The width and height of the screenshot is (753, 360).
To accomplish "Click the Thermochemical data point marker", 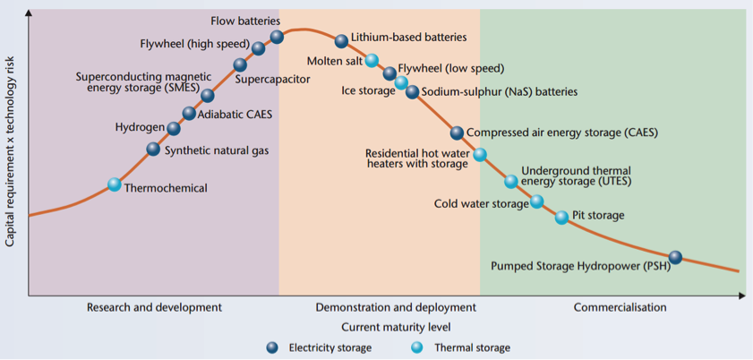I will click(x=115, y=184).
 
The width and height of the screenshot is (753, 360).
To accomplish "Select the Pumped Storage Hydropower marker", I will click(x=676, y=257).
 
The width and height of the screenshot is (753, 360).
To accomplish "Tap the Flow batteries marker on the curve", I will click(x=277, y=37).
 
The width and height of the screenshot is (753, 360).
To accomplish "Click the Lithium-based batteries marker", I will click(x=341, y=41).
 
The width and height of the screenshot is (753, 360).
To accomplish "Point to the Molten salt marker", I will click(x=372, y=61).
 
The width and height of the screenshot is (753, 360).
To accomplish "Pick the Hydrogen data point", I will click(x=174, y=128).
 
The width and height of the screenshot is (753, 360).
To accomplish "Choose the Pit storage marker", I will click(x=561, y=217).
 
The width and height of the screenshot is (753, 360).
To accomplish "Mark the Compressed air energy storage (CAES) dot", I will click(x=458, y=133).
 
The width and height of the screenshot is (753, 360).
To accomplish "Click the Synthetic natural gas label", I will click(x=216, y=150).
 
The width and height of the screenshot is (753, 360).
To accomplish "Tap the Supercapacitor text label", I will click(x=273, y=80).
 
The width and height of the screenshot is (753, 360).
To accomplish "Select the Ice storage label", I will click(x=368, y=90).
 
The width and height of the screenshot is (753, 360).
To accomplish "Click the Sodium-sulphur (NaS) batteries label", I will click(x=499, y=91).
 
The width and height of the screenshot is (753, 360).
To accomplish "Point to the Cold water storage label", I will click(x=482, y=203).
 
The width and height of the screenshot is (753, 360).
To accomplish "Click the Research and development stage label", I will click(x=154, y=307).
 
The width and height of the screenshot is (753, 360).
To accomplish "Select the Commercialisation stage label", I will click(x=620, y=307).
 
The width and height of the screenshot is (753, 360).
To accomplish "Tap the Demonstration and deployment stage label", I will click(x=396, y=307).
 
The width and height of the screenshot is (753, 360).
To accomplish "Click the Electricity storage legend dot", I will click(x=273, y=347).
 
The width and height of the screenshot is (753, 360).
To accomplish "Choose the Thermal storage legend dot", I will click(x=417, y=347).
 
